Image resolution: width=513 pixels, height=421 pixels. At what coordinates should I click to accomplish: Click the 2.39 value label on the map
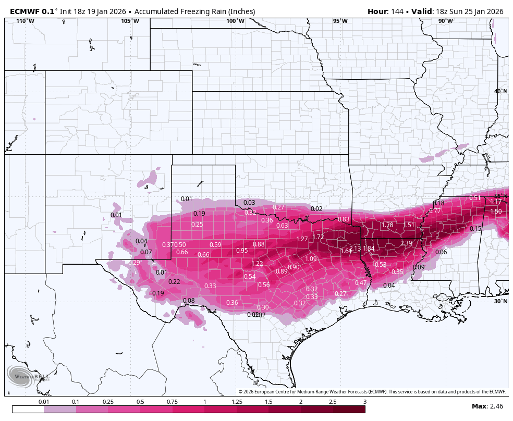point(406,243)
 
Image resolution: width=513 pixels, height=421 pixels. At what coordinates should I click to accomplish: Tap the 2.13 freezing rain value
point(355,249)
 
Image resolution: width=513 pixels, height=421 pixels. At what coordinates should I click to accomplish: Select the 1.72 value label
point(318,237)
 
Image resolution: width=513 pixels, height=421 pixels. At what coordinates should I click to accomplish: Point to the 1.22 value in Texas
point(257,264)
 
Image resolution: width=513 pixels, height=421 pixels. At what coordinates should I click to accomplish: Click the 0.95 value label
point(242,251)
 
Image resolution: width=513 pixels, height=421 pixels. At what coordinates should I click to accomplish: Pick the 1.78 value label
point(387,225)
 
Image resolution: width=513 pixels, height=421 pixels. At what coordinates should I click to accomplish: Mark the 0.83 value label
point(344,219)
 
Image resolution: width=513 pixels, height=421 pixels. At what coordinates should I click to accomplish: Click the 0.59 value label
point(215,245)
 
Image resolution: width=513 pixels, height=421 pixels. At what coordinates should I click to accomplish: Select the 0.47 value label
point(361,283)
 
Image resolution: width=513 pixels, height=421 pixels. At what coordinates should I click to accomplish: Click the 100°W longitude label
point(235,21)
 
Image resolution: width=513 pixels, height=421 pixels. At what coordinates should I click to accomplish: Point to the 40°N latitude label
point(500,92)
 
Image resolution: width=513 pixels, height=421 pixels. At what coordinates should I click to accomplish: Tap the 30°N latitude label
point(500,301)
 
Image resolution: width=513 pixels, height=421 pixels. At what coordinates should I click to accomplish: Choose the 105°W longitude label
point(130,21)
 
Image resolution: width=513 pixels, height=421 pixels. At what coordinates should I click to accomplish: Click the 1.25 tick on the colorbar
point(237,402)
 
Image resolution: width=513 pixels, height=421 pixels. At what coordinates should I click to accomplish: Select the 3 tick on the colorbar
point(365,402)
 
